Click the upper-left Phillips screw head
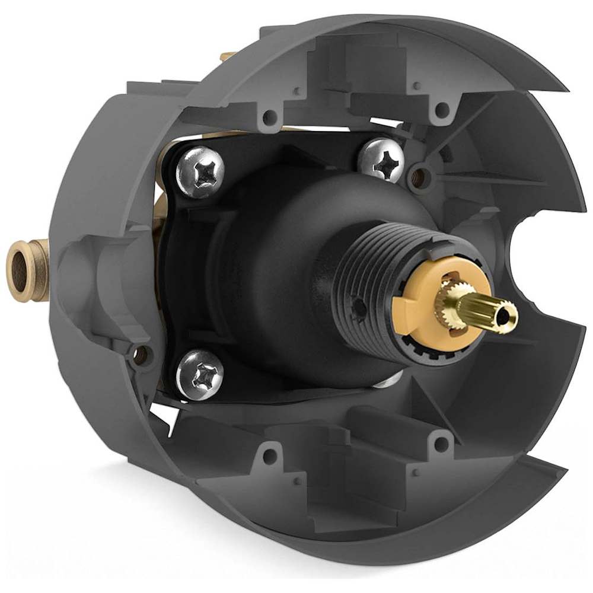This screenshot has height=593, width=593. pyautogui.click(x=200, y=171)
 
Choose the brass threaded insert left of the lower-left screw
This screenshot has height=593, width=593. pyautogui.click(x=141, y=355)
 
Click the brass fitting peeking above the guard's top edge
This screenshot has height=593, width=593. pyautogui.click(x=227, y=57)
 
